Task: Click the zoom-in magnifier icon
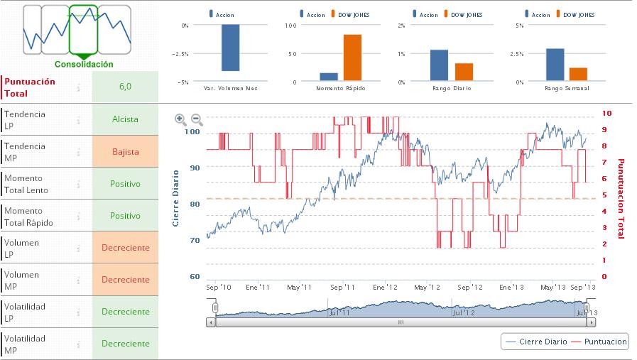[180, 120]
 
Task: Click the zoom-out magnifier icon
[197, 120]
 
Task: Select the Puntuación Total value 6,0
[125, 87]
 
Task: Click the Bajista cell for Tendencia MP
[125, 151]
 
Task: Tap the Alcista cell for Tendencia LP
[125, 119]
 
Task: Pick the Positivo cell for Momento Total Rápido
[125, 215]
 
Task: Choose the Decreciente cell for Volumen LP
[125, 247]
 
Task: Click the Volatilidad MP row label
[26, 344]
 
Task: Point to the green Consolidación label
[84, 64]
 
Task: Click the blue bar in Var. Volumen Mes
[230, 48]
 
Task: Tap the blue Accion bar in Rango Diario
[439, 65]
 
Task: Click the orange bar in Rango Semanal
[578, 75]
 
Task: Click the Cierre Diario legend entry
[537, 342]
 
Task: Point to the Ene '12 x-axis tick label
[385, 287]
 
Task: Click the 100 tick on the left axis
[192, 131]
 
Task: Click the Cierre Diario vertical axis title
[175, 199]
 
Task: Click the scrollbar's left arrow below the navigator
[210, 322]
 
